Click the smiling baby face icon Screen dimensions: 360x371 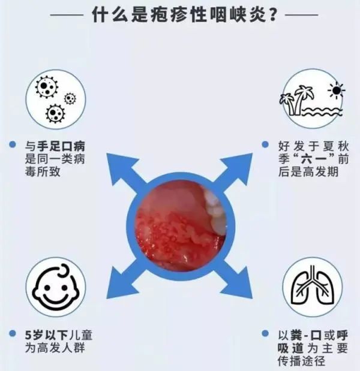(x=56, y=287)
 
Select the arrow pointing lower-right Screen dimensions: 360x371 (x=237, y=280)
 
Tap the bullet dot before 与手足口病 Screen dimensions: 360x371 (x=13, y=145)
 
